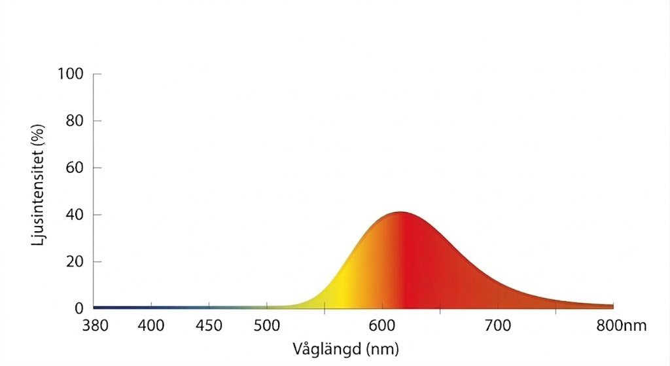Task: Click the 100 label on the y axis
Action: tap(70, 74)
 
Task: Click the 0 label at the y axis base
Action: tap(79, 308)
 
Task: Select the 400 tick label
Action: tap(151, 325)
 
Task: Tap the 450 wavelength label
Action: tap(209, 325)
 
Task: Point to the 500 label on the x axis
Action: tap(267, 325)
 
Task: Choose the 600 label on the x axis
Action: tap(382, 325)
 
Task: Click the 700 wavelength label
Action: tap(498, 325)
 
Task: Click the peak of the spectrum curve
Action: tap(400, 213)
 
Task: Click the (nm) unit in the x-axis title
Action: tap(381, 347)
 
